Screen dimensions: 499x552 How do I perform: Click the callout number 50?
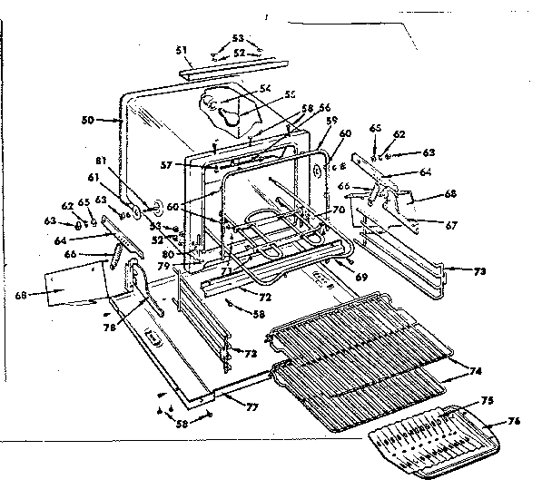coord(88,120)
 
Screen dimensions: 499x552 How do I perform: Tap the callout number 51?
coord(181,51)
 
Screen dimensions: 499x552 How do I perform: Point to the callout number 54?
coord(266,88)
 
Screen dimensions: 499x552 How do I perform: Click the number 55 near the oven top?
coord(291,94)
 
